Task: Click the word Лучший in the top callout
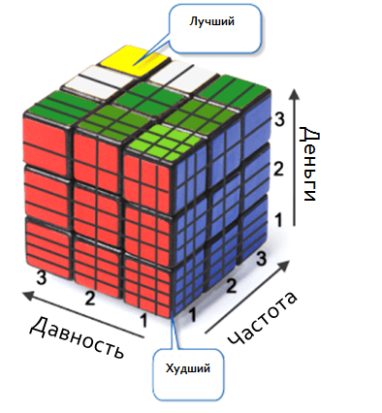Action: (211, 21)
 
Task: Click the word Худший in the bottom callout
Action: (188, 368)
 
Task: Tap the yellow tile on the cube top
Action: (135, 60)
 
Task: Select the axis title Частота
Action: (263, 319)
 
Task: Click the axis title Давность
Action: (78, 337)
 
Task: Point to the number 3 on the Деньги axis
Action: (279, 119)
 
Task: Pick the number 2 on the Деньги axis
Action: (278, 170)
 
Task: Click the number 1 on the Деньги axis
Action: (278, 220)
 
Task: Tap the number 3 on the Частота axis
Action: (261, 259)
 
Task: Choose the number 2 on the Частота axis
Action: (231, 286)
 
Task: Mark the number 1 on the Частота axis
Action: (193, 314)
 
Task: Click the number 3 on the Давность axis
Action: (42, 278)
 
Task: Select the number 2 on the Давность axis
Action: (90, 298)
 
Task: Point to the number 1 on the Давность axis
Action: (143, 321)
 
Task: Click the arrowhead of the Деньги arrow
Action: (294, 96)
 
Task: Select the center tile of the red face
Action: (96, 212)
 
